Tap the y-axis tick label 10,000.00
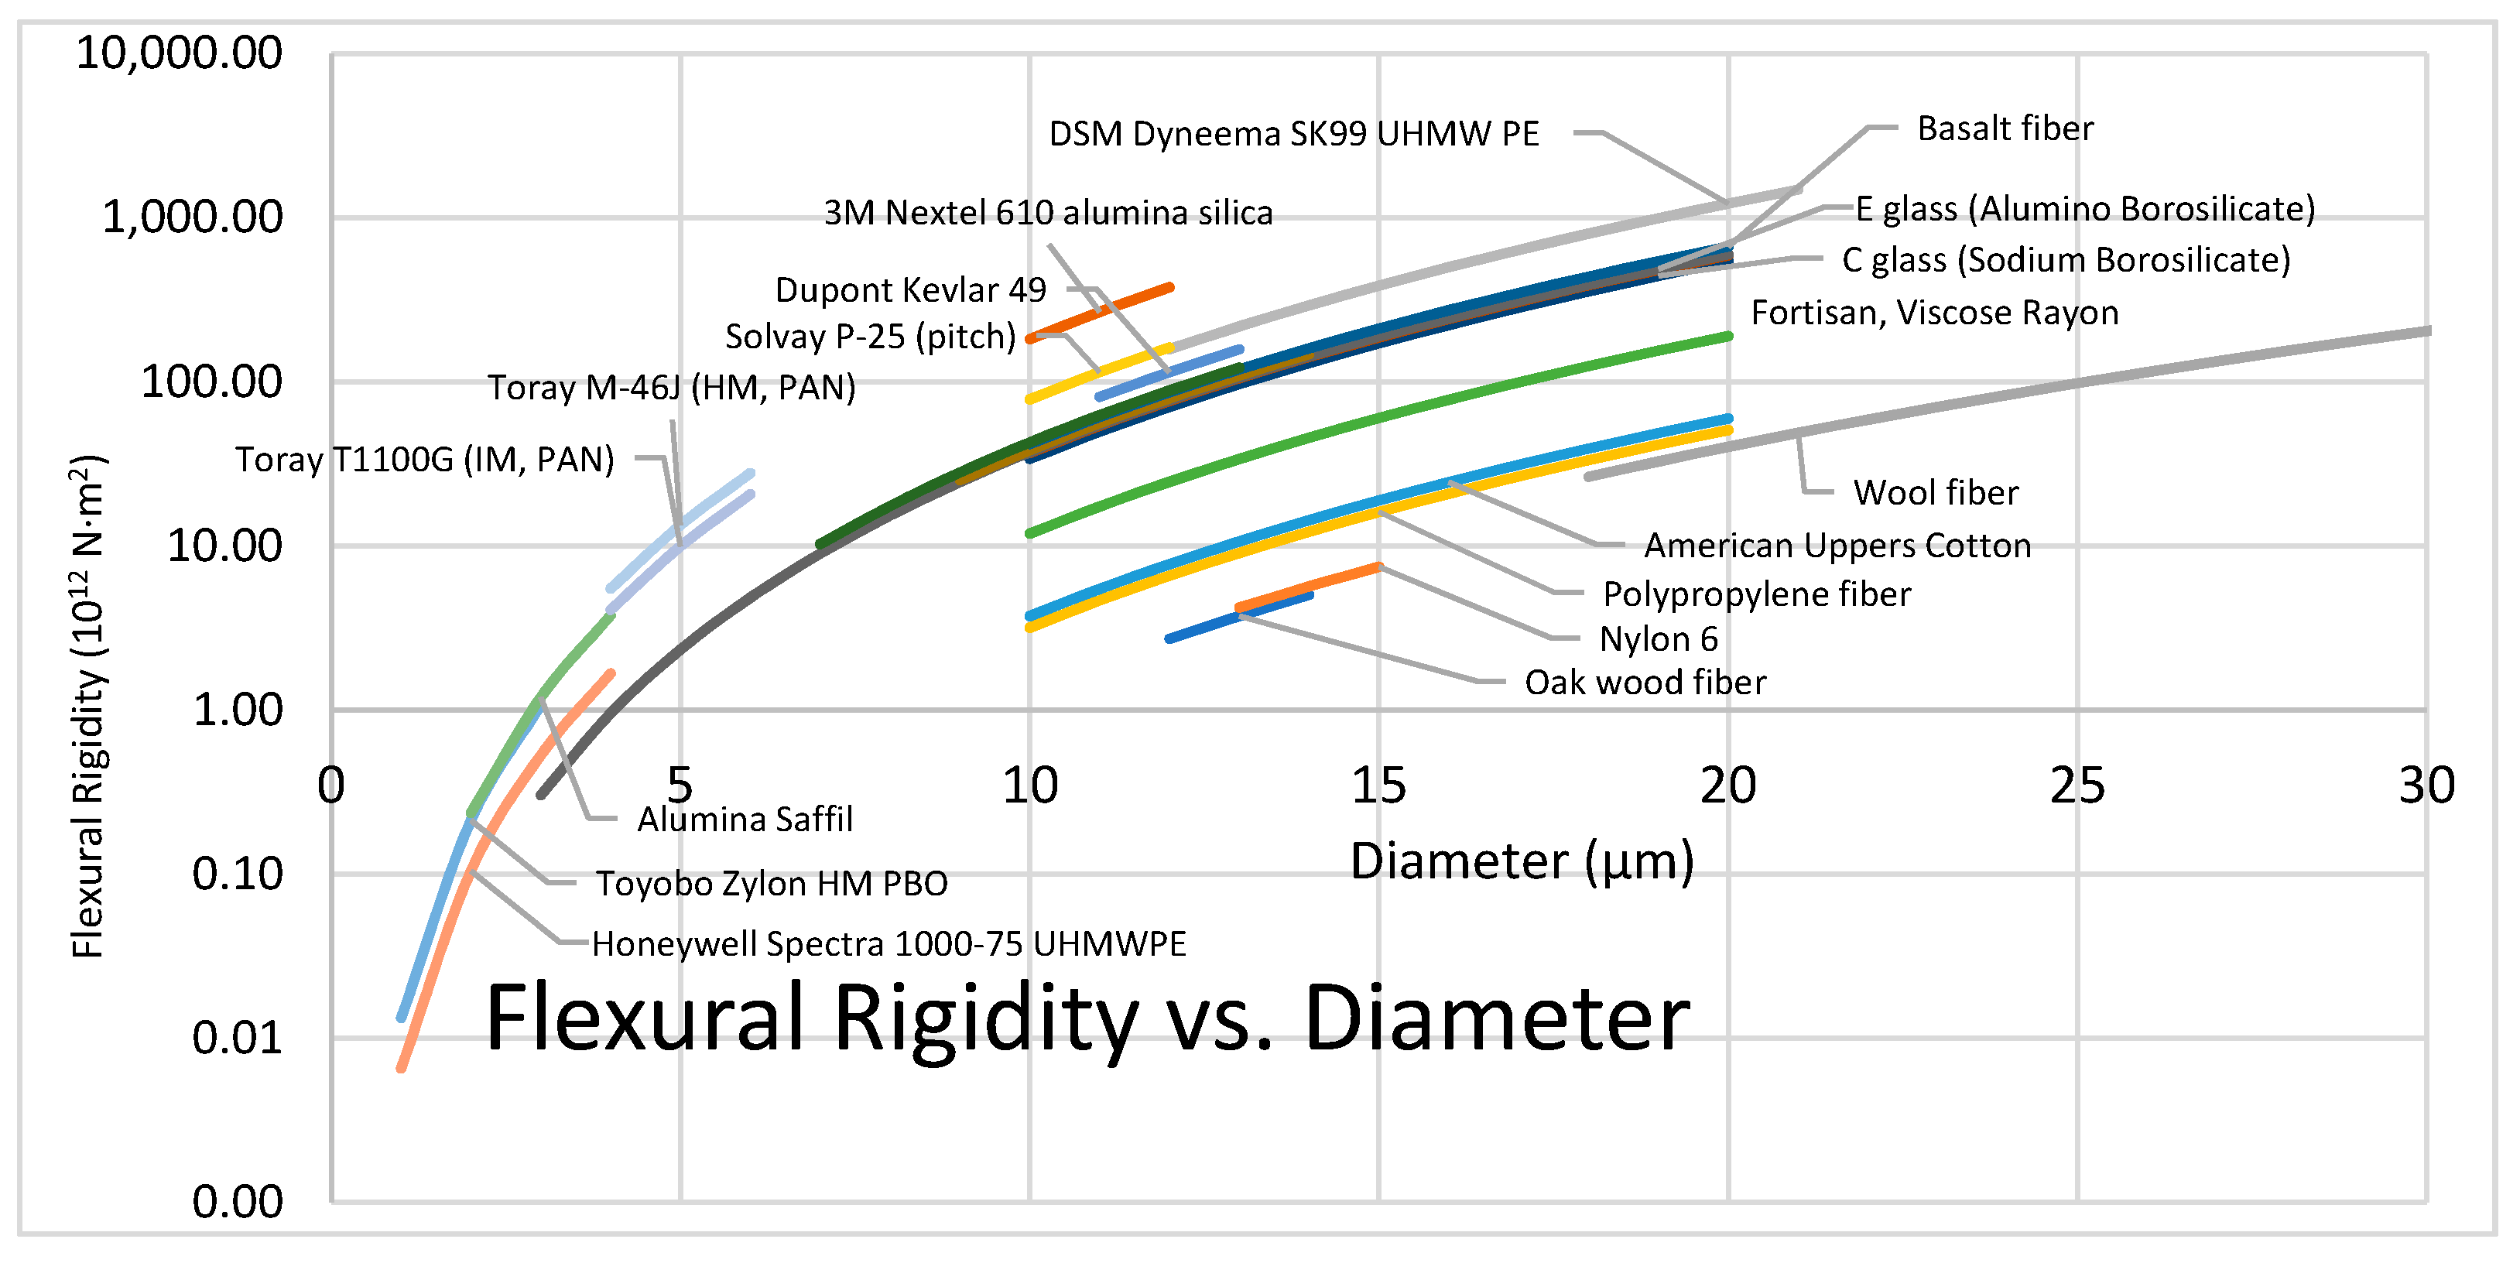(179, 53)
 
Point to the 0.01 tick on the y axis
(237, 1038)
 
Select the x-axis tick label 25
(2077, 786)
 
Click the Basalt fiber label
(2005, 128)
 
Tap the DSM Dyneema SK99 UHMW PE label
(1293, 134)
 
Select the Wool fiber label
(1935, 492)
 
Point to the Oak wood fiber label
(1645, 682)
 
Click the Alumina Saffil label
(745, 819)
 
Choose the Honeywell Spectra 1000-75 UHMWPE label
(889, 944)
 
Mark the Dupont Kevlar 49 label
(909, 289)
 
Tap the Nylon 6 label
(1658, 638)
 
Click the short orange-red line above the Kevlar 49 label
(1101, 312)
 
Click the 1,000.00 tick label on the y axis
(193, 217)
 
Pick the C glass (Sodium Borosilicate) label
(2065, 260)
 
